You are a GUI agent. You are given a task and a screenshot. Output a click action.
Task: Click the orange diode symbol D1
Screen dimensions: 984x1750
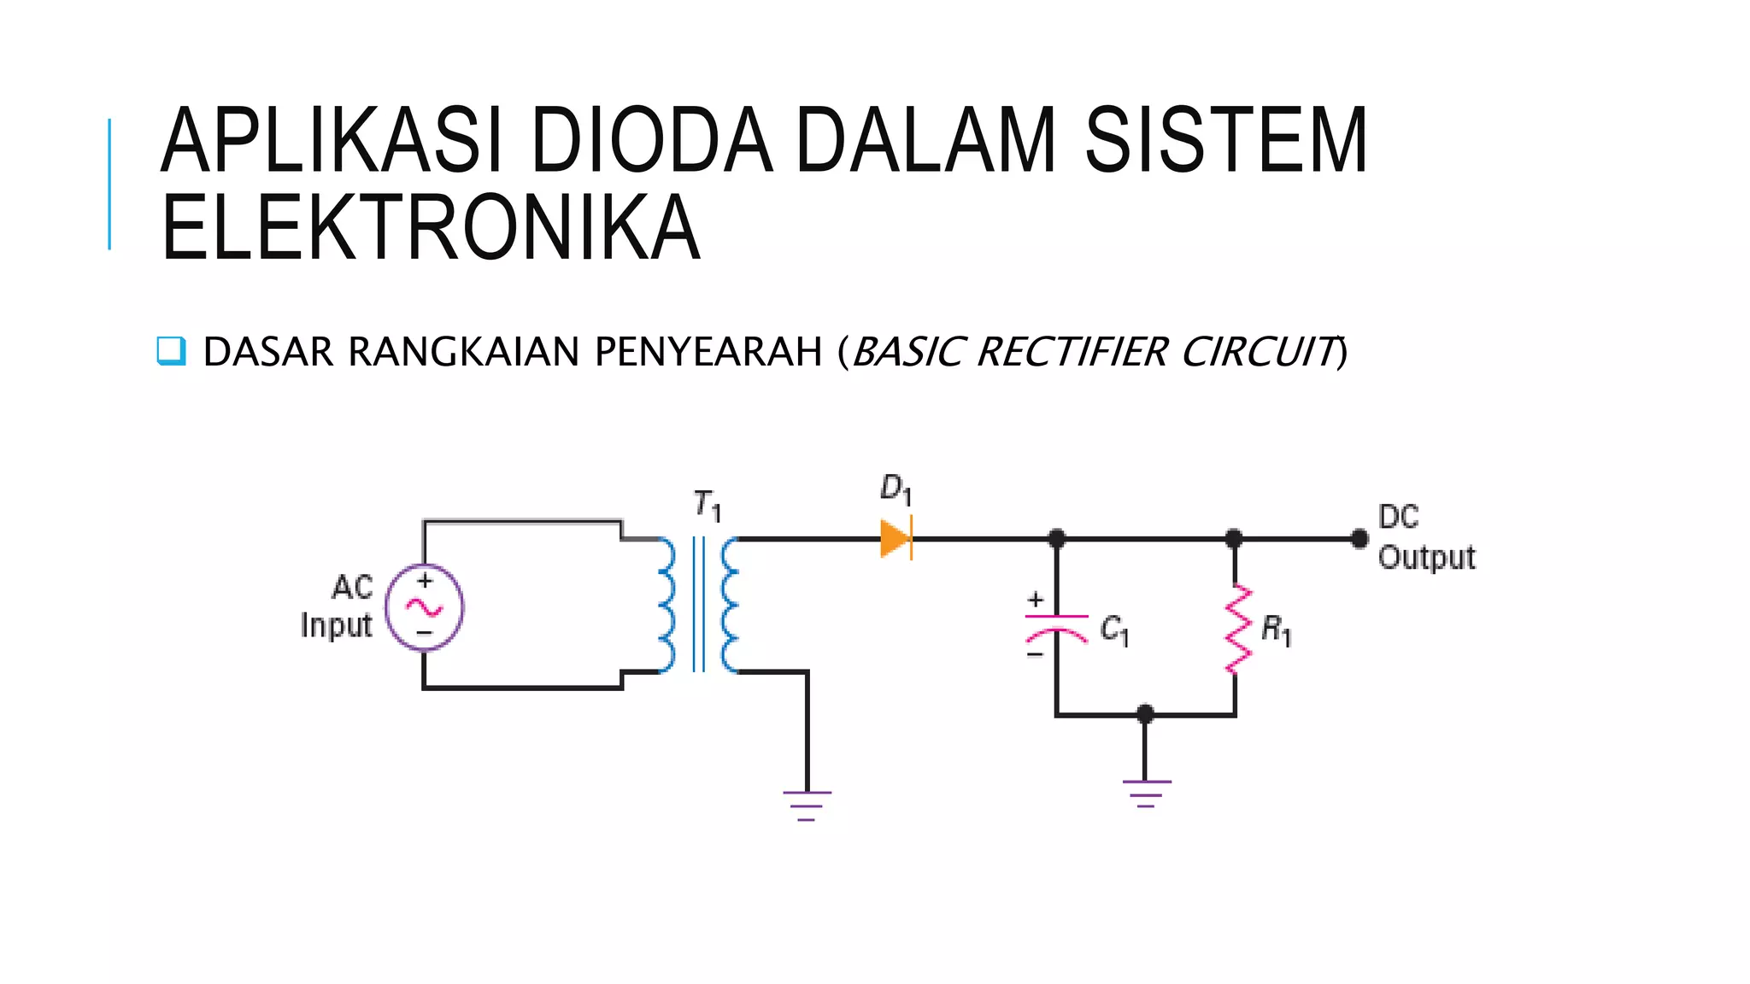(x=896, y=539)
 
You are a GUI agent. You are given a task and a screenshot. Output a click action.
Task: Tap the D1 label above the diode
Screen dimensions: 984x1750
(x=896, y=489)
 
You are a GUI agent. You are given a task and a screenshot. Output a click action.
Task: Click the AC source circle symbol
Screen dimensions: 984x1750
(x=424, y=607)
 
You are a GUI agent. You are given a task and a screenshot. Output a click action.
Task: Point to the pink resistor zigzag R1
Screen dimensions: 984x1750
(x=1236, y=630)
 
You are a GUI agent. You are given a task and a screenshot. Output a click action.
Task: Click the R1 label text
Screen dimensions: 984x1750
(x=1276, y=631)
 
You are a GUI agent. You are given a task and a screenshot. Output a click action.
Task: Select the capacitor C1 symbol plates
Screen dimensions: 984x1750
(x=1056, y=626)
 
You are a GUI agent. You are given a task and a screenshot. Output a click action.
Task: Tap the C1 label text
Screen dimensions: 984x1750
(x=1113, y=630)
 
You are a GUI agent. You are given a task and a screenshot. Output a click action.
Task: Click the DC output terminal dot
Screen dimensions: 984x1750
(x=1359, y=539)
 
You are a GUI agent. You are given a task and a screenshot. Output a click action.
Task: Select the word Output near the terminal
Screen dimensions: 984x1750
(x=1426, y=558)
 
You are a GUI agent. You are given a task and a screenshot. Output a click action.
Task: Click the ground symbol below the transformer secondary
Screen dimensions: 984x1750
(x=807, y=805)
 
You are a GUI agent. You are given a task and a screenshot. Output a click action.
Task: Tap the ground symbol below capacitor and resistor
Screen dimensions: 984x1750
(x=1146, y=793)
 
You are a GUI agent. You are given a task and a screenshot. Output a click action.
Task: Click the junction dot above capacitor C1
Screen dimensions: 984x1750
(x=1056, y=539)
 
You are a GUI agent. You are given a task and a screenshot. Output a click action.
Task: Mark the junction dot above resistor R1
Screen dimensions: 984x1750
(x=1233, y=539)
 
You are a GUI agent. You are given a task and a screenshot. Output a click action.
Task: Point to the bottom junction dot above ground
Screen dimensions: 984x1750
(x=1146, y=714)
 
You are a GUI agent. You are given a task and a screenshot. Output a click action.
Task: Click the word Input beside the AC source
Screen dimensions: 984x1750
(x=336, y=625)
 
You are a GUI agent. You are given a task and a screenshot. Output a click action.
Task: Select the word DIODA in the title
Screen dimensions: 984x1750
(x=651, y=141)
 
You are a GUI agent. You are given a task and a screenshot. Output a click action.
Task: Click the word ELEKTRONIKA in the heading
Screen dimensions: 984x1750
(x=431, y=228)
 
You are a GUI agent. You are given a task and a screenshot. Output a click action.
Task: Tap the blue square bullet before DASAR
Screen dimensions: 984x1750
(x=171, y=351)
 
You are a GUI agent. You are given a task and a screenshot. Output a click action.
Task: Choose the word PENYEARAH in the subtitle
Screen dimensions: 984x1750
(x=708, y=352)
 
